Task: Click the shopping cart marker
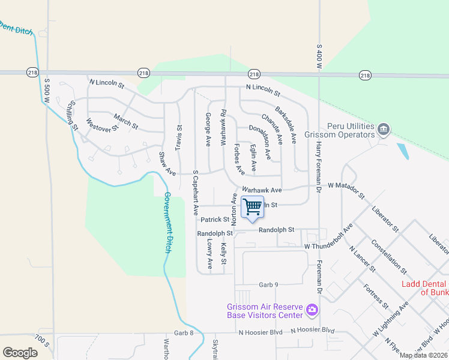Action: pos(253,207)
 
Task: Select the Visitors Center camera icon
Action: pos(312,310)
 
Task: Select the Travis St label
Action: pos(178,137)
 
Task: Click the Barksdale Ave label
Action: pos(286,125)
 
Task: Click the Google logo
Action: pos(20,352)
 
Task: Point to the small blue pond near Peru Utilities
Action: pos(402,151)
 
